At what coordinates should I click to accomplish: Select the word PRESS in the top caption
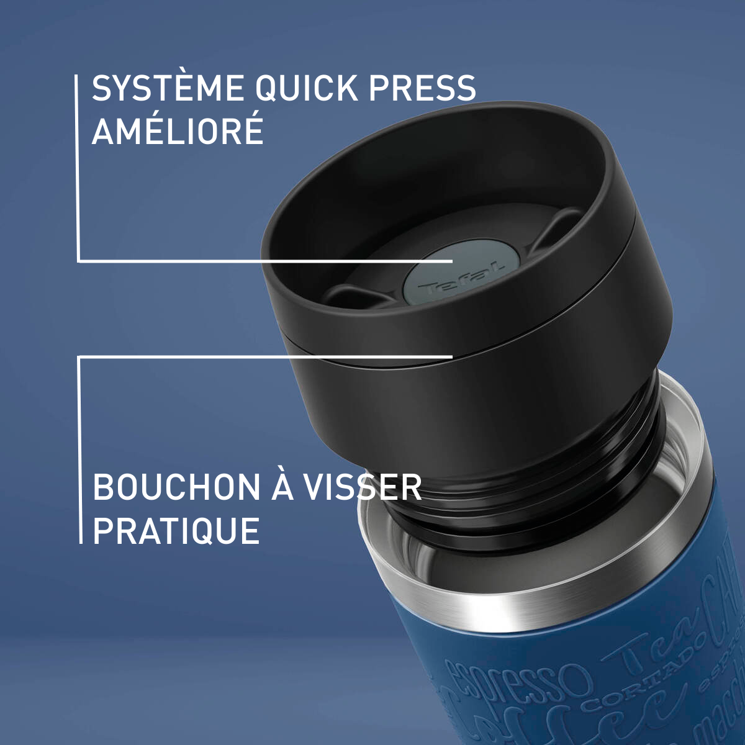[422, 88]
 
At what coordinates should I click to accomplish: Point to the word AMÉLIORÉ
[178, 131]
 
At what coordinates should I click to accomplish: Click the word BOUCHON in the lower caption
[176, 487]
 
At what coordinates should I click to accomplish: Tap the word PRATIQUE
[176, 531]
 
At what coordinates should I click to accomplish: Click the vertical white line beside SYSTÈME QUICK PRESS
[78, 168]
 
